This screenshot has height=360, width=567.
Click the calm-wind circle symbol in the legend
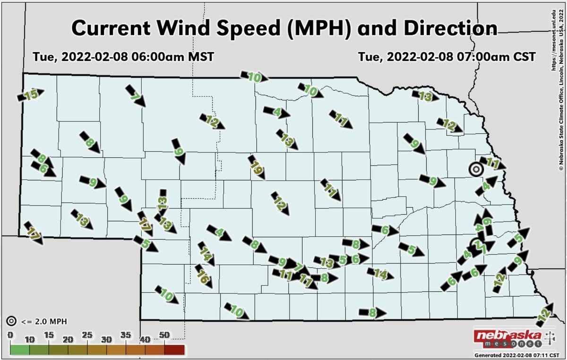[x=12, y=322]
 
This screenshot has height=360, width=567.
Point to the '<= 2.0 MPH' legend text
[x=44, y=322]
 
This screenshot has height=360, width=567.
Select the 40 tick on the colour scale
[x=145, y=339]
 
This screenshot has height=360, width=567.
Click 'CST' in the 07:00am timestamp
[x=523, y=57]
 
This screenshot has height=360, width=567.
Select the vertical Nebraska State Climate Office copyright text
[x=561, y=85]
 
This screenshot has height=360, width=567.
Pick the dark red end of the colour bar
[x=175, y=350]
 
